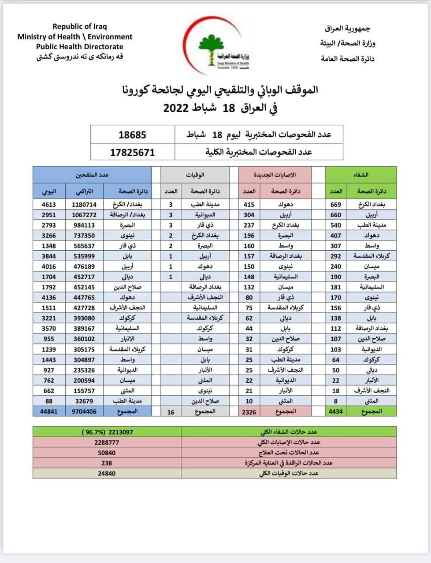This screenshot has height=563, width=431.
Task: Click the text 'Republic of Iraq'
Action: pos(79,27)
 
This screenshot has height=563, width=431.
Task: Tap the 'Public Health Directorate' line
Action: pos(79,47)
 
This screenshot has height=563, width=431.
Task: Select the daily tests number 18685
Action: pos(132,135)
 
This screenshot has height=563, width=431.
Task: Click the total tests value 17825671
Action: pos(132,153)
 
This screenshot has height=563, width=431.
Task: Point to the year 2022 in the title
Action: pos(176,108)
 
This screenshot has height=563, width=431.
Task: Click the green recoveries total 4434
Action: pos(336,412)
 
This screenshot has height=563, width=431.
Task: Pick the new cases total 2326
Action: pos(249,412)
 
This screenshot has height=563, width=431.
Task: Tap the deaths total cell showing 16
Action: pos(171,412)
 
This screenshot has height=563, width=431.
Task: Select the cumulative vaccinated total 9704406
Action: pos(84,412)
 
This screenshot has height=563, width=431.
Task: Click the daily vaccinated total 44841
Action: pos(48,412)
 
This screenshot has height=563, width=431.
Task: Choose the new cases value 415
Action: pos(249,205)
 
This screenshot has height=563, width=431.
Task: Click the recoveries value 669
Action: pos(336,205)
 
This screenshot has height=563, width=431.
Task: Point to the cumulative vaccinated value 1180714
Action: pos(84,205)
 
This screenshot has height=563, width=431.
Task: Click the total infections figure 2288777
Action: pos(107,442)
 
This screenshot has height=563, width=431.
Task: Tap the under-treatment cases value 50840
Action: pos(107,453)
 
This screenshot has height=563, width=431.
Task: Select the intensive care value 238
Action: pos(107,463)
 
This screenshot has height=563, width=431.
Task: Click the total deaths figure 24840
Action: pos(107,473)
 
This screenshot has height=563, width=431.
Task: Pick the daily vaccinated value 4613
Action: pos(48,205)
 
